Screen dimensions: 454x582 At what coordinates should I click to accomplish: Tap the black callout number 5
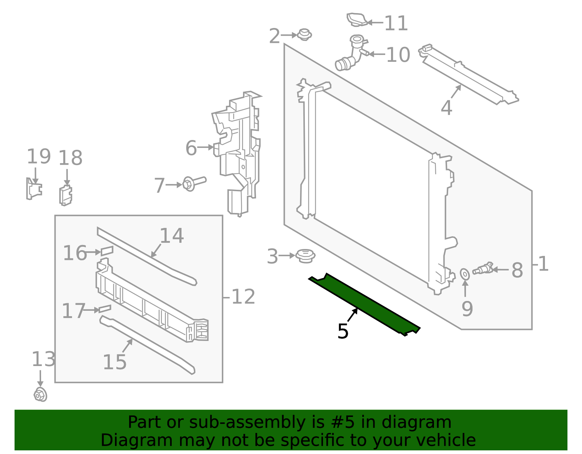(x=343, y=332)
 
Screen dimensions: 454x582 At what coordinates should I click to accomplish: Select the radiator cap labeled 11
(x=356, y=20)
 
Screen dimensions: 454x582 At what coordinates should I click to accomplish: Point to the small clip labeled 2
(x=304, y=35)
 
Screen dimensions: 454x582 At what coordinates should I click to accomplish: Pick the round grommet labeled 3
(x=305, y=256)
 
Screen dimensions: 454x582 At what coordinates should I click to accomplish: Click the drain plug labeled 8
(x=482, y=269)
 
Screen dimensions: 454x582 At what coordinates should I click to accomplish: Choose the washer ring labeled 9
(x=465, y=274)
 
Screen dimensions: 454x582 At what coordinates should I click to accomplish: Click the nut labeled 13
(x=40, y=395)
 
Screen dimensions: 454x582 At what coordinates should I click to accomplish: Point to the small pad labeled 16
(x=107, y=250)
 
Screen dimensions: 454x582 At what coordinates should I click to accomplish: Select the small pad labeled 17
(x=105, y=309)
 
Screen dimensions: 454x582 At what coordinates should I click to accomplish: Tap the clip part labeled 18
(x=65, y=195)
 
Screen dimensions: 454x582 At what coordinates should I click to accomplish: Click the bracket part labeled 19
(x=34, y=189)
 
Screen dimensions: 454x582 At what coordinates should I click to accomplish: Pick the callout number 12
(x=243, y=297)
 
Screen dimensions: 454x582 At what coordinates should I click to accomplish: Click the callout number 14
(x=172, y=236)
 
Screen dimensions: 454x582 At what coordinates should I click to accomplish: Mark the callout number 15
(x=115, y=362)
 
